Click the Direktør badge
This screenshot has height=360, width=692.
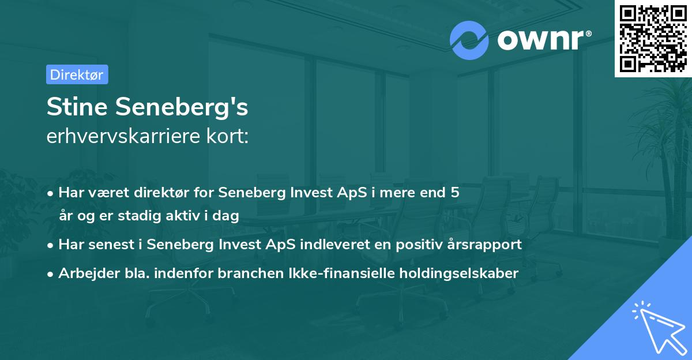tap(77, 74)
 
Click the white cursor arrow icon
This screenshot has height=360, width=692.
tap(657, 327)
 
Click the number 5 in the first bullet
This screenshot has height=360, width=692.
tap(456, 193)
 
